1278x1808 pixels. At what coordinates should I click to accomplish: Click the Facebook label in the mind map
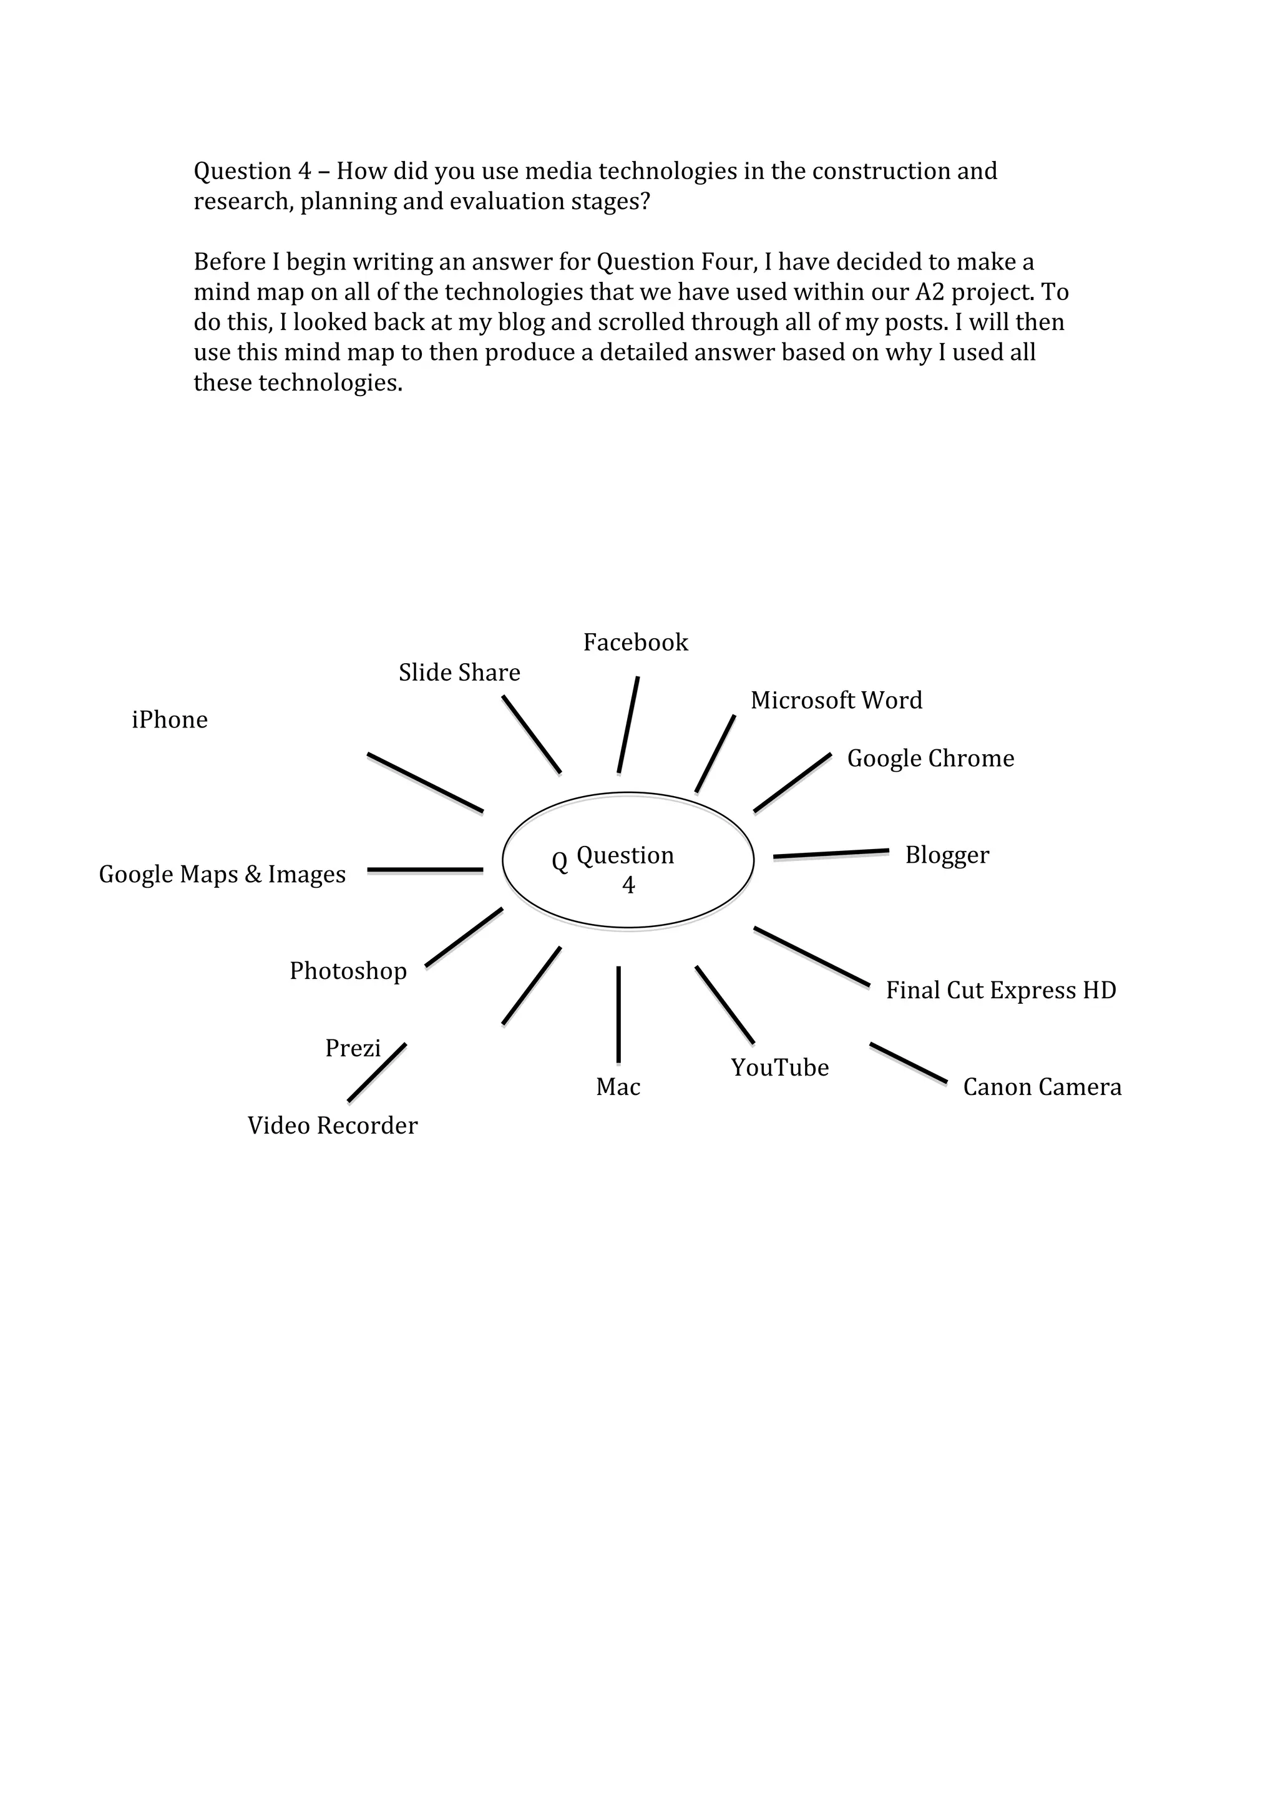(x=635, y=643)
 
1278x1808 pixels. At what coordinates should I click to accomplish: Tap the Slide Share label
(x=459, y=673)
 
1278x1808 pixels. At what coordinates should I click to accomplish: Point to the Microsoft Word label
(x=836, y=700)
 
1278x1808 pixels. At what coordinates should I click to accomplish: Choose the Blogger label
(x=947, y=855)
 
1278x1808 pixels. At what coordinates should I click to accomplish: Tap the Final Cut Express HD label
(x=1001, y=991)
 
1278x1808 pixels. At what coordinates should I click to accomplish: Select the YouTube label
(x=779, y=1068)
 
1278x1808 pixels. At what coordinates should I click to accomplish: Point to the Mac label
(x=618, y=1087)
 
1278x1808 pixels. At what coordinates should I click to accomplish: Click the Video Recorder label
(x=333, y=1126)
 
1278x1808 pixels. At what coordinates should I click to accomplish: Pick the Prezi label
(x=353, y=1049)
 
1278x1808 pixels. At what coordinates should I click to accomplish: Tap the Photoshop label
(x=348, y=971)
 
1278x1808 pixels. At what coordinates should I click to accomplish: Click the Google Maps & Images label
(x=222, y=875)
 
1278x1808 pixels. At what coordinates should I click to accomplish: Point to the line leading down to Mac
(x=618, y=1014)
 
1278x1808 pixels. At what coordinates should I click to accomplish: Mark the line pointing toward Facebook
(x=628, y=724)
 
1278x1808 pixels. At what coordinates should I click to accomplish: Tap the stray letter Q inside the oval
(x=559, y=862)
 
